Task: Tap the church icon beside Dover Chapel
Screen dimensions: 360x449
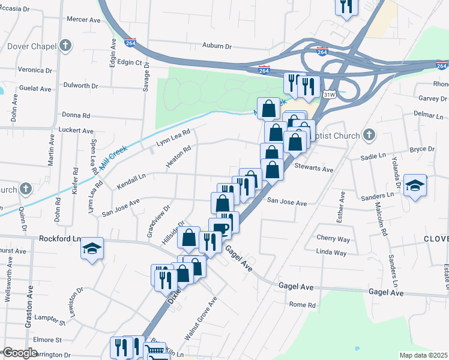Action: pos(65,46)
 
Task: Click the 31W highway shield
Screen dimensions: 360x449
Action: pos(328,95)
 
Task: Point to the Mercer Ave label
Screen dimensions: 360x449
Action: pos(83,20)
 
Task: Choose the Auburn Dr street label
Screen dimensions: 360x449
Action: pos(217,46)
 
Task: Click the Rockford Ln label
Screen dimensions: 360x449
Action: pos(60,238)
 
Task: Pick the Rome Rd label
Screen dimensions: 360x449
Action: pos(303,305)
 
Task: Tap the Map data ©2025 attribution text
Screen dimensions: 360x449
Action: pos(423,355)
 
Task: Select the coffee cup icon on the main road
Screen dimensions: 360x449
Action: pos(220,228)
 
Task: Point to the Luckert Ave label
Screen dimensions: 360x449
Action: pos(76,130)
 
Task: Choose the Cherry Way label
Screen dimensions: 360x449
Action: pos(333,238)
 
